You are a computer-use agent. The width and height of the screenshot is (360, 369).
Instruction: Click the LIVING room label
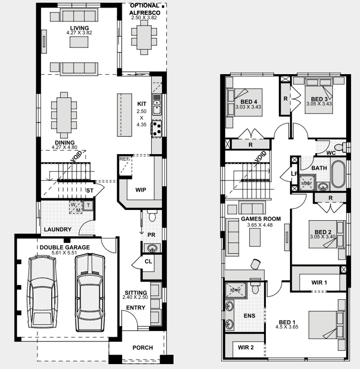point(79,28)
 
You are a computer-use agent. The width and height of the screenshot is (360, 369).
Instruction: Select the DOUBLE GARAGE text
point(64,247)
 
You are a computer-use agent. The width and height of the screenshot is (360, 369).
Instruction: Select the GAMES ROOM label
point(260,219)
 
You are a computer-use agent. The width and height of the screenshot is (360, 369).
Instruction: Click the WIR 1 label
point(319,282)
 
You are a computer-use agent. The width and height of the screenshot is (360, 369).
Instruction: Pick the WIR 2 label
point(246,347)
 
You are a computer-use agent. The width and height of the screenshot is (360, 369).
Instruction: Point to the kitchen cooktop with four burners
point(156,128)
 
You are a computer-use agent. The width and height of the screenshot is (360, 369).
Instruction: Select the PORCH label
point(143,348)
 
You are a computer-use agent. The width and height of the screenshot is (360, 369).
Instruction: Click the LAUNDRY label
point(58,230)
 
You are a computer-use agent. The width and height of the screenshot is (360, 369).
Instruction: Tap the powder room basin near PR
point(152,248)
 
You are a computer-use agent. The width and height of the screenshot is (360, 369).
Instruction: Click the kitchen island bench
point(125,115)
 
